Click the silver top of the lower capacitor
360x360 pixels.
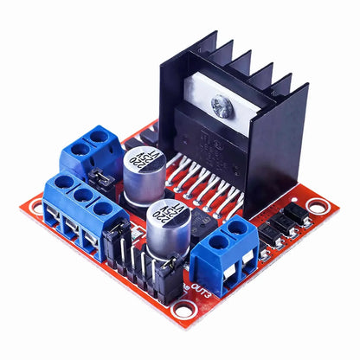point(164,214)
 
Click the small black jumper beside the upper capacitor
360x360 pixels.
point(102,180)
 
